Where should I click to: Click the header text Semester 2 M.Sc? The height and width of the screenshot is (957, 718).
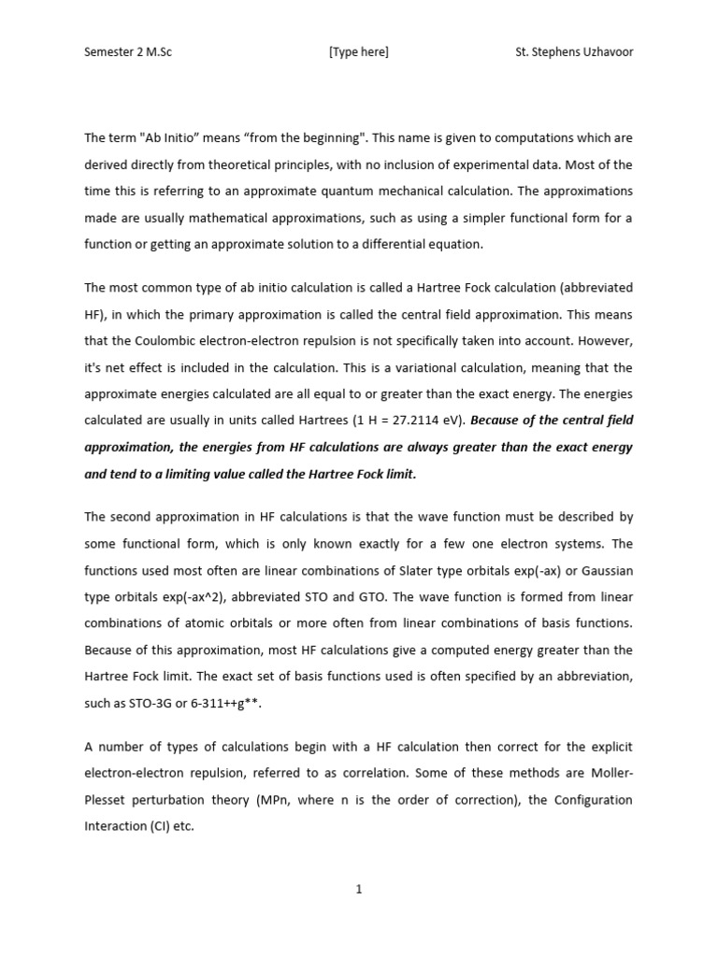[128, 52]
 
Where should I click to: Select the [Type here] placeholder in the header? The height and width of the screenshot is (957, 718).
[358, 52]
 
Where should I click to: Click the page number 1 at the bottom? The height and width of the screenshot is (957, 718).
[358, 890]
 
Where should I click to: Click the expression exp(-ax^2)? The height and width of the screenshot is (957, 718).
[170, 597]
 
